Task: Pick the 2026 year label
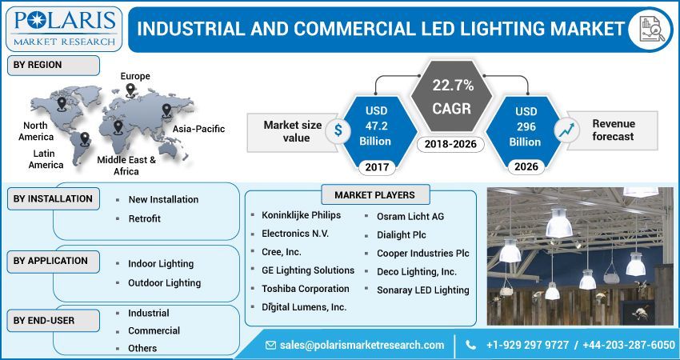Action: (526, 167)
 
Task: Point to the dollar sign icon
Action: (339, 130)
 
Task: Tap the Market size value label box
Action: (293, 131)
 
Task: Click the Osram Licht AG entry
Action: (410, 216)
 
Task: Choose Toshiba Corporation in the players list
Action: (305, 289)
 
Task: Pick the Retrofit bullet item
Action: (144, 218)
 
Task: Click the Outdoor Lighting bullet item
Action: (164, 282)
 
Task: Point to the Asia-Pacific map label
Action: (198, 129)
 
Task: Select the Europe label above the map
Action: (135, 76)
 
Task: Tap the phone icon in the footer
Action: (469, 345)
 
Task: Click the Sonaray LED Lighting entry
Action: (422, 290)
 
